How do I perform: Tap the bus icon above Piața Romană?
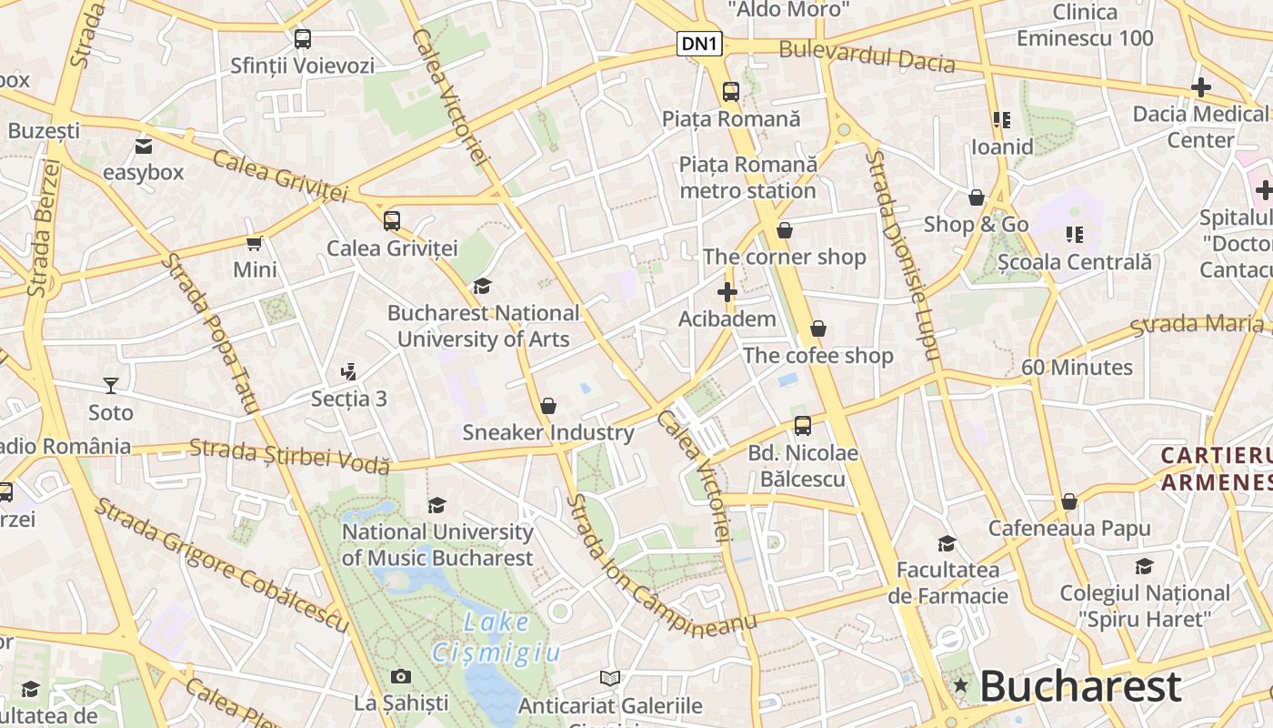coord(731,91)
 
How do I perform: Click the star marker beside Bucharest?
coord(960,685)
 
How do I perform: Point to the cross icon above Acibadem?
coord(727,292)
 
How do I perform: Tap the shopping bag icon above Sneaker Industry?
coord(548,405)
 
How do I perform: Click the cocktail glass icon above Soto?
coord(111,386)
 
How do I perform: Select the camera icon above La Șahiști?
coord(400,676)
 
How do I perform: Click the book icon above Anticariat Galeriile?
coord(610,678)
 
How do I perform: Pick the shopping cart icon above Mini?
coord(255,243)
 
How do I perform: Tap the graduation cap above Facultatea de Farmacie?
coord(947,543)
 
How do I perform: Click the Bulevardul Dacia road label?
coord(867,56)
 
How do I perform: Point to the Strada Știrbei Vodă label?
coord(290,456)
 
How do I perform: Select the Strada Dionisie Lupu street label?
coord(900,255)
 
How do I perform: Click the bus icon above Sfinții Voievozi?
coord(303,39)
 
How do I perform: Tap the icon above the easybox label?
coord(144,147)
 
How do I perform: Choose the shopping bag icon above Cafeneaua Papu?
coord(1069,501)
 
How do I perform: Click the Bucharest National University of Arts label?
coord(483,326)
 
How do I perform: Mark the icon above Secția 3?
coord(348,371)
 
